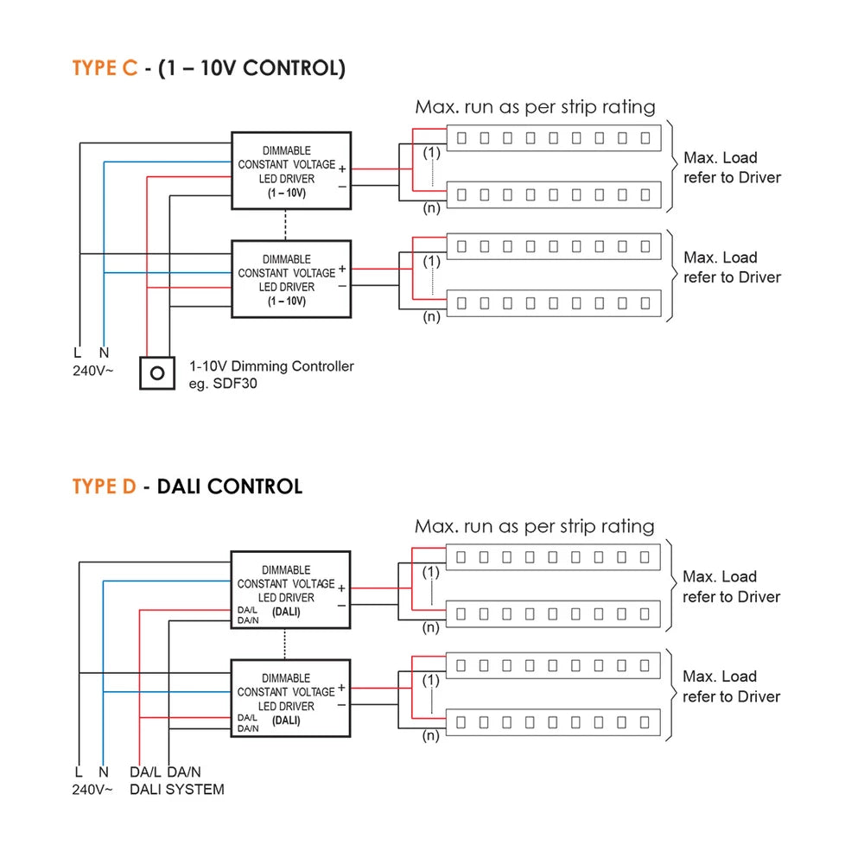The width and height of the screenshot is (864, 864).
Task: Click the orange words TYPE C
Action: (x=105, y=68)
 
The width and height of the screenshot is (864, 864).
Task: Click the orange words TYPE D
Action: (x=104, y=486)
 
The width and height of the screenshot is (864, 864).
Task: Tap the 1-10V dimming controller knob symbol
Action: (x=157, y=373)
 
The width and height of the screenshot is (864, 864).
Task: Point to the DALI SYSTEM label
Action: (x=176, y=789)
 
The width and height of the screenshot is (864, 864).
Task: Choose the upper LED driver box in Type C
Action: (x=290, y=170)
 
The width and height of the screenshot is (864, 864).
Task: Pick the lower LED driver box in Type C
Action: (x=290, y=279)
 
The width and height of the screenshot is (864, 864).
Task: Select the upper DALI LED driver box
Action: (x=290, y=589)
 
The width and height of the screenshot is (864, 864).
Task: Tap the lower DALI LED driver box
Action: (x=290, y=698)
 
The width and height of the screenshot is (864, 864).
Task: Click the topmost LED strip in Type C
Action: (x=553, y=138)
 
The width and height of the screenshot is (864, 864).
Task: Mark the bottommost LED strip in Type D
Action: (x=553, y=721)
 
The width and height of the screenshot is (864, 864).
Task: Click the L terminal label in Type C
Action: (x=78, y=353)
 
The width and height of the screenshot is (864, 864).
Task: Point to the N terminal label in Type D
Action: (x=104, y=772)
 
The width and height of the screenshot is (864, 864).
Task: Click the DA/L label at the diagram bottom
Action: (x=144, y=772)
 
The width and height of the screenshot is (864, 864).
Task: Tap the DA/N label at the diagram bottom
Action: (x=184, y=772)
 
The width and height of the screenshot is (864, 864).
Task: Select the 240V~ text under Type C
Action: (x=92, y=370)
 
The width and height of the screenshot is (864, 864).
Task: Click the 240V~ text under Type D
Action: (x=92, y=789)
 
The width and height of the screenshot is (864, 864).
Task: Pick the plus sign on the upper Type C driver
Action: (x=342, y=168)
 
